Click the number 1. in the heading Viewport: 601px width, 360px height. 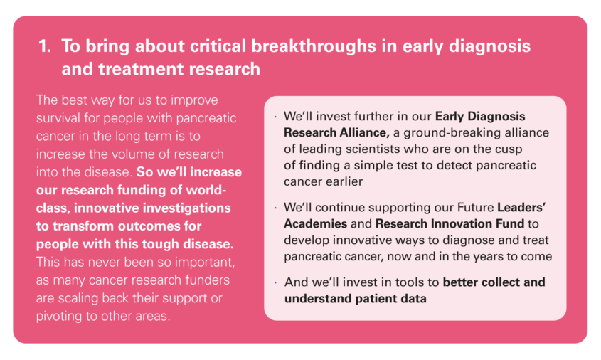(x=45, y=46)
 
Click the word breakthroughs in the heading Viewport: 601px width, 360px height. (x=314, y=46)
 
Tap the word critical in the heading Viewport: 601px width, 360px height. (x=218, y=46)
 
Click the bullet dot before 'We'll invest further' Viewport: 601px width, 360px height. (x=275, y=117)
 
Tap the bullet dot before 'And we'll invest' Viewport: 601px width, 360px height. (x=275, y=282)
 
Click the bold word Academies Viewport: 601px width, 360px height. (x=316, y=223)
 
